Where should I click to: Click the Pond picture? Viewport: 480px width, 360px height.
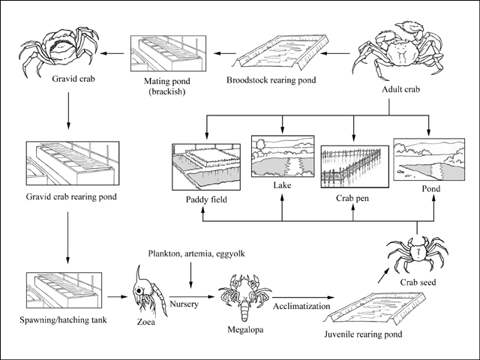pyautogui.click(x=427, y=161)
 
